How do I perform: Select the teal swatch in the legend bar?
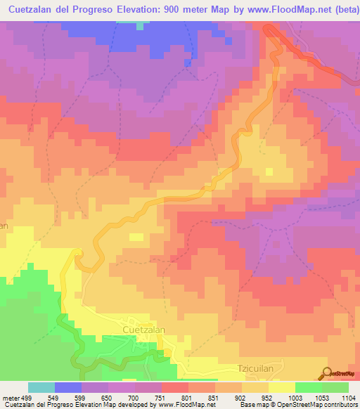pyautogui.click(x=41, y=387)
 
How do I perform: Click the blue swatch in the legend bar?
pyautogui.click(x=67, y=387)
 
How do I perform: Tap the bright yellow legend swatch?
pyautogui.click(x=281, y=387)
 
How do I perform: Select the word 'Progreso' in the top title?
pyautogui.click(x=96, y=10)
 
